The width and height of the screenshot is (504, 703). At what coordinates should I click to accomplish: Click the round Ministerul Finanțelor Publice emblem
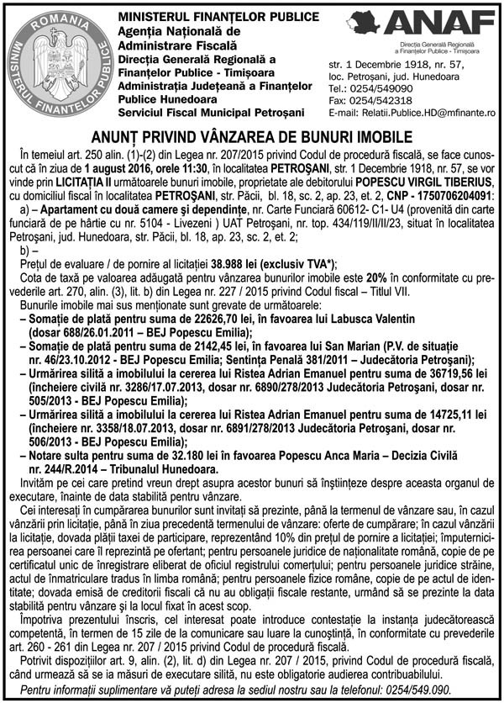tap(57, 61)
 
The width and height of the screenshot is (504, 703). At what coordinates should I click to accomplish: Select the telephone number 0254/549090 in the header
tap(379, 88)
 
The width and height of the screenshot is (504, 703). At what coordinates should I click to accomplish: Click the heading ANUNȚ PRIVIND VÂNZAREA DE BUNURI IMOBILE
tap(251, 136)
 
